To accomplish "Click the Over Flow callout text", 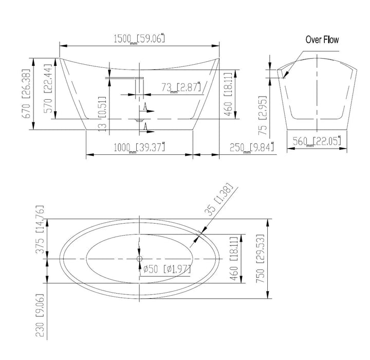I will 322,40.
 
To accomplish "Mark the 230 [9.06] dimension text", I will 40,315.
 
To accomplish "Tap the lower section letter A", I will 147,127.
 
